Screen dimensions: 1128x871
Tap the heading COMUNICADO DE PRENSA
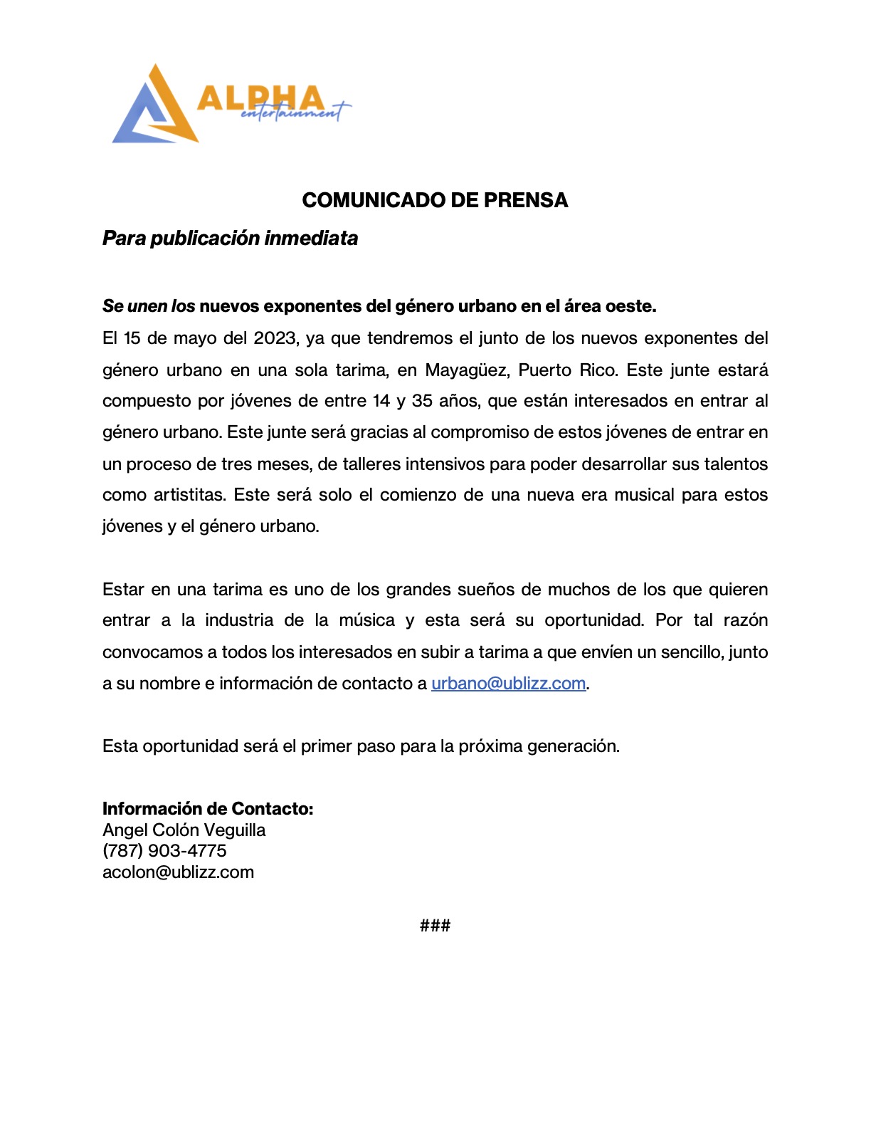tap(435, 200)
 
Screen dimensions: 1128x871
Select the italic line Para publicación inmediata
tap(230, 238)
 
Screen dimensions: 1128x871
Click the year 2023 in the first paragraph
tap(275, 338)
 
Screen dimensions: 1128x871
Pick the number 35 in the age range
tap(422, 401)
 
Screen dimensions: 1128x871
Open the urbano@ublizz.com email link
tap(508, 684)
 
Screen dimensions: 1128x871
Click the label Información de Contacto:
tap(208, 809)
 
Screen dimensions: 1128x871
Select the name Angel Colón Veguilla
tap(184, 830)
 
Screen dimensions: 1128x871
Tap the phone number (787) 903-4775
tap(164, 851)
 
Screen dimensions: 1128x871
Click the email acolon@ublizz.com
tap(178, 872)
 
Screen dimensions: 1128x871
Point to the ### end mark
tap(435, 926)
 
